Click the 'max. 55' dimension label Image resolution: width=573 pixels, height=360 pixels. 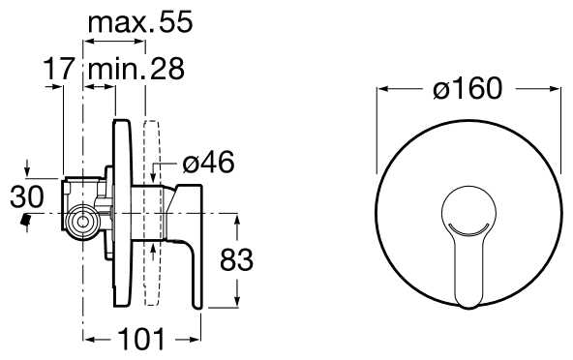point(140,22)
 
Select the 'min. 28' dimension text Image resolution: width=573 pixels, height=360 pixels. point(136,69)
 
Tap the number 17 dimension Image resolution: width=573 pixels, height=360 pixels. point(59,69)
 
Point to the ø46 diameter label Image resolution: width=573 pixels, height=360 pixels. point(208,162)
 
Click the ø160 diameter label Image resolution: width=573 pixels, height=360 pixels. point(467,88)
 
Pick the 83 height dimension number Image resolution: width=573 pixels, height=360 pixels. point(236,260)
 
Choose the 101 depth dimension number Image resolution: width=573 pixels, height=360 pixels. point(142,340)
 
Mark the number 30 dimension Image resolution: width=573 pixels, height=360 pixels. point(27,197)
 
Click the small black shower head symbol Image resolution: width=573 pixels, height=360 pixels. point(25,221)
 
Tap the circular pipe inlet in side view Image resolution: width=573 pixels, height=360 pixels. point(83,222)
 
